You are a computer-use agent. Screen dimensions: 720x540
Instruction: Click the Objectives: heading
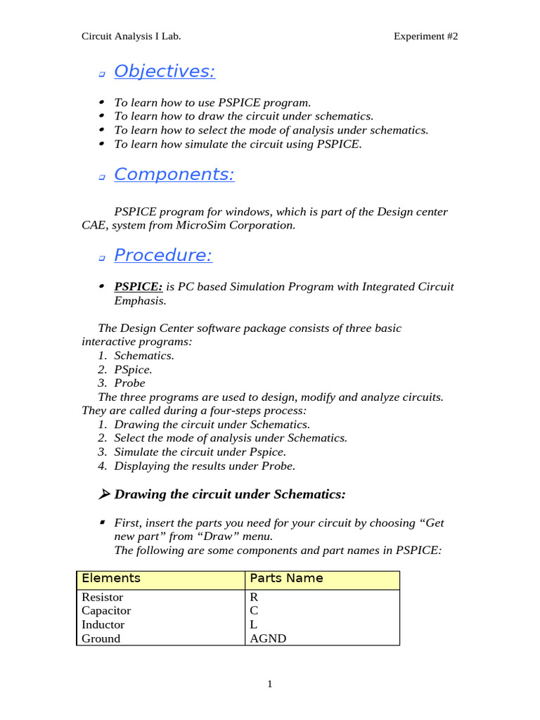tap(164, 72)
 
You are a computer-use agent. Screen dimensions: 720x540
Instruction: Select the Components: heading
tap(174, 174)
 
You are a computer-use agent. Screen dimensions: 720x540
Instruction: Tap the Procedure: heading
tap(162, 256)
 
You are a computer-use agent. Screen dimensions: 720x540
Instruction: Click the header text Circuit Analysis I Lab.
tap(131, 37)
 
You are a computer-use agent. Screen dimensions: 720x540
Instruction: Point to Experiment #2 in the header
tap(425, 37)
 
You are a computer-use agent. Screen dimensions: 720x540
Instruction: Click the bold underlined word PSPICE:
tap(139, 287)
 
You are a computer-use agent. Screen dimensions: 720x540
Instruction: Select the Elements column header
tap(111, 579)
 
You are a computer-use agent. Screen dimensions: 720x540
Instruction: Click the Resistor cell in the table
tap(103, 597)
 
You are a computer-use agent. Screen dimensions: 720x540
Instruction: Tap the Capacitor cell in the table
tap(106, 611)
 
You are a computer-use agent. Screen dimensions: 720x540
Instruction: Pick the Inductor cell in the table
tap(103, 624)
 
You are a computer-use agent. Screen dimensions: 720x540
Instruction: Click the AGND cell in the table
tap(268, 638)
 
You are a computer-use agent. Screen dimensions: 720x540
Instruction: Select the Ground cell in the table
tap(101, 638)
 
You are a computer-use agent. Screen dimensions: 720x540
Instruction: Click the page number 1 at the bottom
tap(269, 684)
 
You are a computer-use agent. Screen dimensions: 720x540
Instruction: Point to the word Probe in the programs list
tap(129, 383)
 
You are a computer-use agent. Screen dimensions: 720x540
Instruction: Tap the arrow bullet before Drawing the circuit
tap(104, 495)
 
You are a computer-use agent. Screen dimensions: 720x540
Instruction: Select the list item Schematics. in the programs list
tap(144, 356)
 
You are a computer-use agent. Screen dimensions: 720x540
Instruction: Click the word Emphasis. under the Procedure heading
tap(140, 301)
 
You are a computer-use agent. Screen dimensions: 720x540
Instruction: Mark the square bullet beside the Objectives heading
tap(102, 74)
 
